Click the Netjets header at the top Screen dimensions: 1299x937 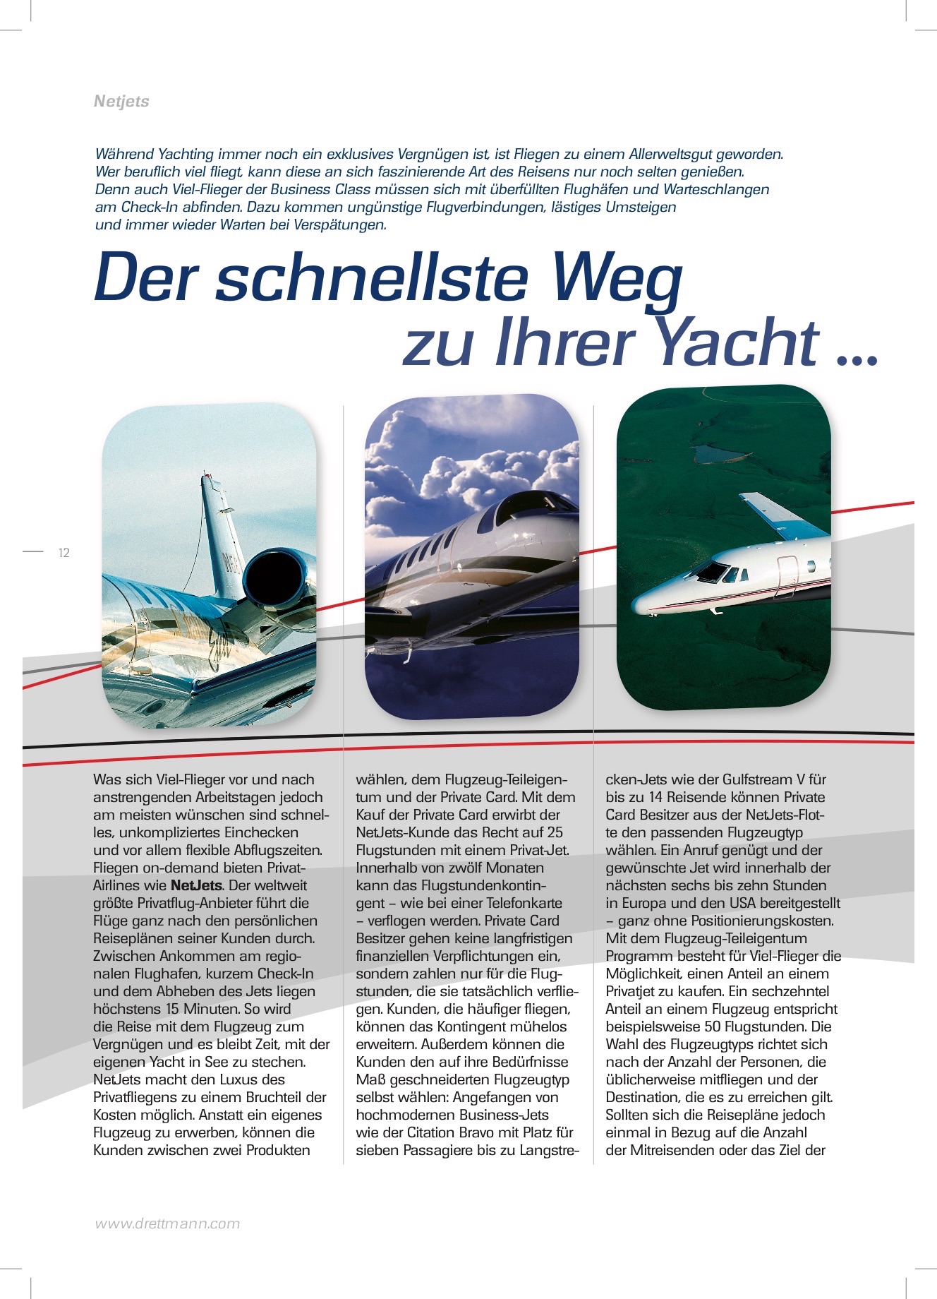[121, 101]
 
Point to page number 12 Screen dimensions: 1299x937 [64, 553]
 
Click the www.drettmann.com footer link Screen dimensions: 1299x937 [167, 1223]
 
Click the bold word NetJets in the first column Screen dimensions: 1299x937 [197, 885]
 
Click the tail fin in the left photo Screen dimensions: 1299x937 [219, 529]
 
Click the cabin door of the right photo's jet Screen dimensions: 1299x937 [786, 575]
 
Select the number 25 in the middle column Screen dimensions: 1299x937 [555, 832]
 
